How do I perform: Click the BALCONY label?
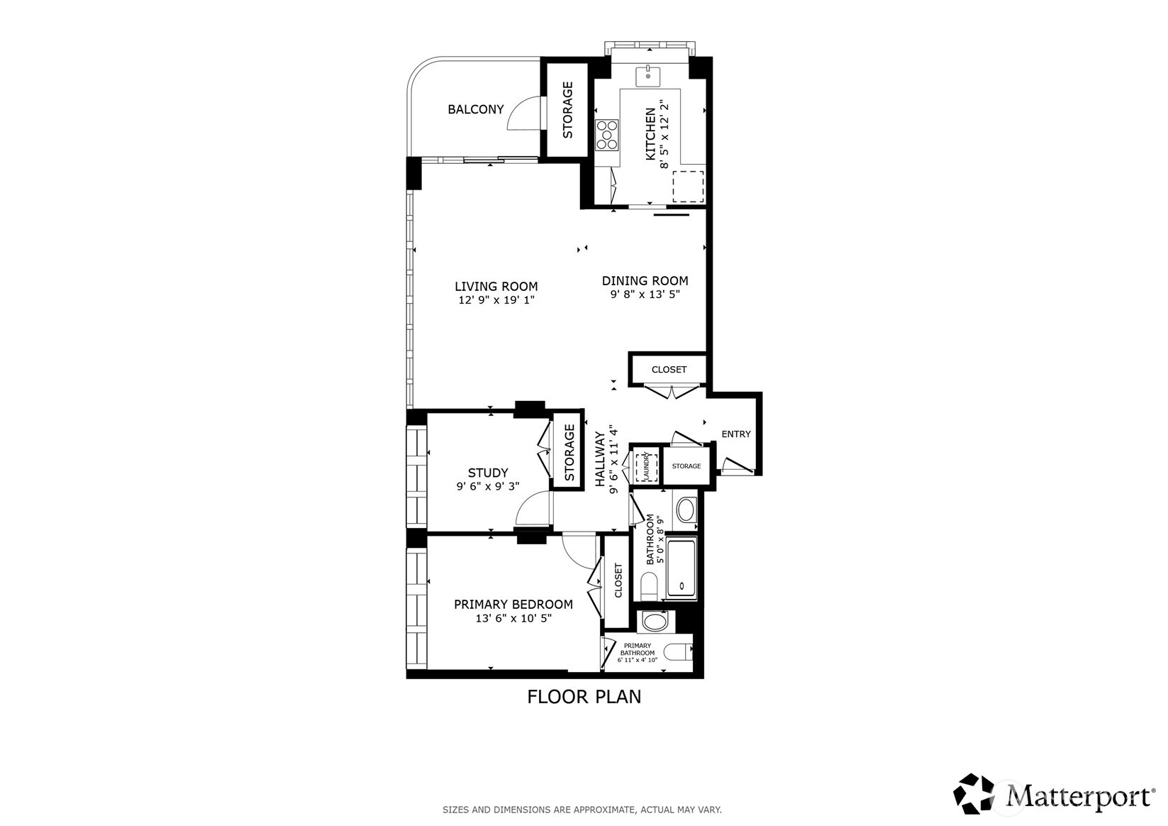(x=476, y=109)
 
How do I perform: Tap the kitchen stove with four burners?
(x=607, y=135)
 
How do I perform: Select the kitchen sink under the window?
(x=647, y=77)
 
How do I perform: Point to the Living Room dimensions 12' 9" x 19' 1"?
(x=496, y=300)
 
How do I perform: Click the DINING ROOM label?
(x=645, y=281)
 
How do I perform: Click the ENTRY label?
(x=735, y=434)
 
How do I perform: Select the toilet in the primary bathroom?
(x=677, y=651)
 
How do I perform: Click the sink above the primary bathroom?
(x=655, y=622)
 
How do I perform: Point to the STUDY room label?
(x=487, y=473)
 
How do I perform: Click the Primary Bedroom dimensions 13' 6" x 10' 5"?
(x=513, y=618)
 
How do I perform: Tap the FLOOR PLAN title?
(x=584, y=697)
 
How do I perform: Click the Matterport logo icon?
(x=974, y=793)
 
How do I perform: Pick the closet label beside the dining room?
(x=669, y=370)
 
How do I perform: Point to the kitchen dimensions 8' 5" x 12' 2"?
(x=664, y=135)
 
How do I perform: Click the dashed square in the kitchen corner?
(x=688, y=187)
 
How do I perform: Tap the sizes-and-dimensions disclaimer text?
(x=582, y=810)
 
